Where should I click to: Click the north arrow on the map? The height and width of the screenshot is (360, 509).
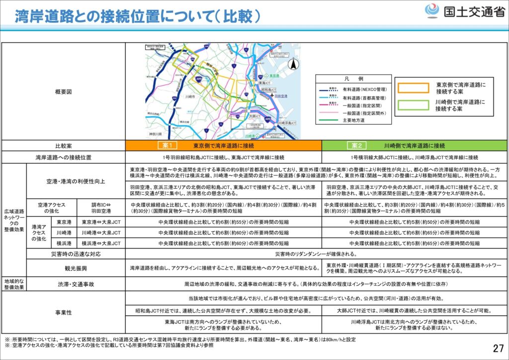click(294, 65)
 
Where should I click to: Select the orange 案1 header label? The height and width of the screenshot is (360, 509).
click(167, 146)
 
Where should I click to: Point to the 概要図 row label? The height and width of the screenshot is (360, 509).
click(63, 92)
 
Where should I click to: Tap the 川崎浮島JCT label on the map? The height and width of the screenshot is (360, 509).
click(288, 122)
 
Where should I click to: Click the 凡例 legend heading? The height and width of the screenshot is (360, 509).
click(353, 79)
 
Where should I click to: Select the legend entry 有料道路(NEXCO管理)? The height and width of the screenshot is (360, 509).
click(364, 89)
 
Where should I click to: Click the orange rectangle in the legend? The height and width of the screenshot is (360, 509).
click(412, 88)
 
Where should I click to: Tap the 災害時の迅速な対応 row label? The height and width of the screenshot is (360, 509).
click(76, 254)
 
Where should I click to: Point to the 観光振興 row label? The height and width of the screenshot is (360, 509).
click(76, 268)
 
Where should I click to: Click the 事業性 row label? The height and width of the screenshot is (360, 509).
click(63, 312)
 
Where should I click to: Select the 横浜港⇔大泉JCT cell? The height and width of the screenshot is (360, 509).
click(101, 244)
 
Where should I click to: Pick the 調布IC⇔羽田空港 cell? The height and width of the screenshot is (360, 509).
click(101, 208)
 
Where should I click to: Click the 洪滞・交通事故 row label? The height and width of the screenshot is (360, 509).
click(76, 283)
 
